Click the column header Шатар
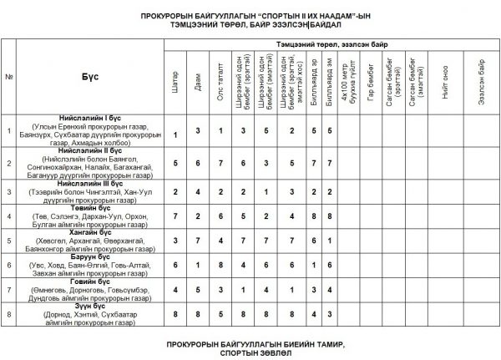tap(175, 79)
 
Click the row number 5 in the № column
tap(8, 240)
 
